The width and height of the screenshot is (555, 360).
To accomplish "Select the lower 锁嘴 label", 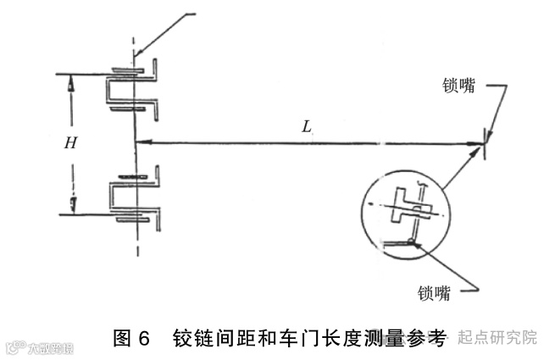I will pos(434,293).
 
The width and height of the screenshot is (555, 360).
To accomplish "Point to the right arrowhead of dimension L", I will pos(479,145).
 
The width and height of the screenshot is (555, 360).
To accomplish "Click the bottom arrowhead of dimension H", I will pos(72,204).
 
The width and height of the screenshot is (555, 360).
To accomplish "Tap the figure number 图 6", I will pos(132,338).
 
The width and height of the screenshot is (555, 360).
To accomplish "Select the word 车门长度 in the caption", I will pos(325,338).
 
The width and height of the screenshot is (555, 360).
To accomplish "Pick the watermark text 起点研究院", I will pos(497,337).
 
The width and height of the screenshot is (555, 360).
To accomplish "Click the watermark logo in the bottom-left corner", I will pos(15,347).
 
